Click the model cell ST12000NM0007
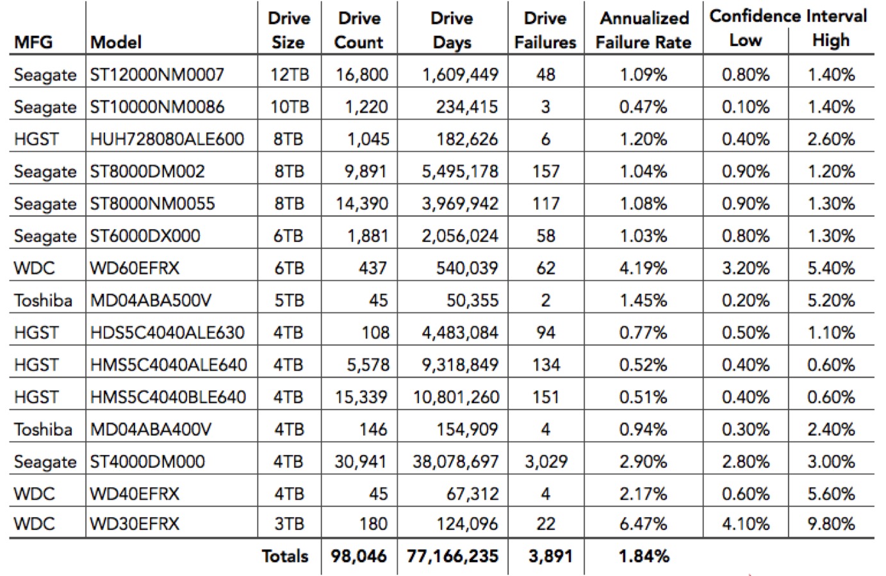(x=157, y=74)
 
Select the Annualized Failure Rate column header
(x=644, y=30)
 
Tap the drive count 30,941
(x=360, y=461)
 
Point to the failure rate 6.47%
(x=643, y=524)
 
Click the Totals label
(x=285, y=556)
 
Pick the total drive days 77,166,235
(x=453, y=556)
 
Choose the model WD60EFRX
(x=135, y=268)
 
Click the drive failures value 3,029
(x=546, y=461)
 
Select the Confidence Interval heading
(x=788, y=16)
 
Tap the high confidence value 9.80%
(x=831, y=524)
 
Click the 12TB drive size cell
(x=289, y=74)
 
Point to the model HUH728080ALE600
(x=167, y=139)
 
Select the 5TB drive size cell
(x=289, y=300)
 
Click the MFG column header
(x=33, y=42)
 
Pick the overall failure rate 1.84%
(x=644, y=556)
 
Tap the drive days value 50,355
(x=472, y=300)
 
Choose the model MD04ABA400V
(x=151, y=429)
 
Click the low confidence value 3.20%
(x=746, y=268)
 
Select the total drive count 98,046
(x=359, y=556)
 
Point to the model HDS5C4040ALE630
(x=167, y=333)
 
